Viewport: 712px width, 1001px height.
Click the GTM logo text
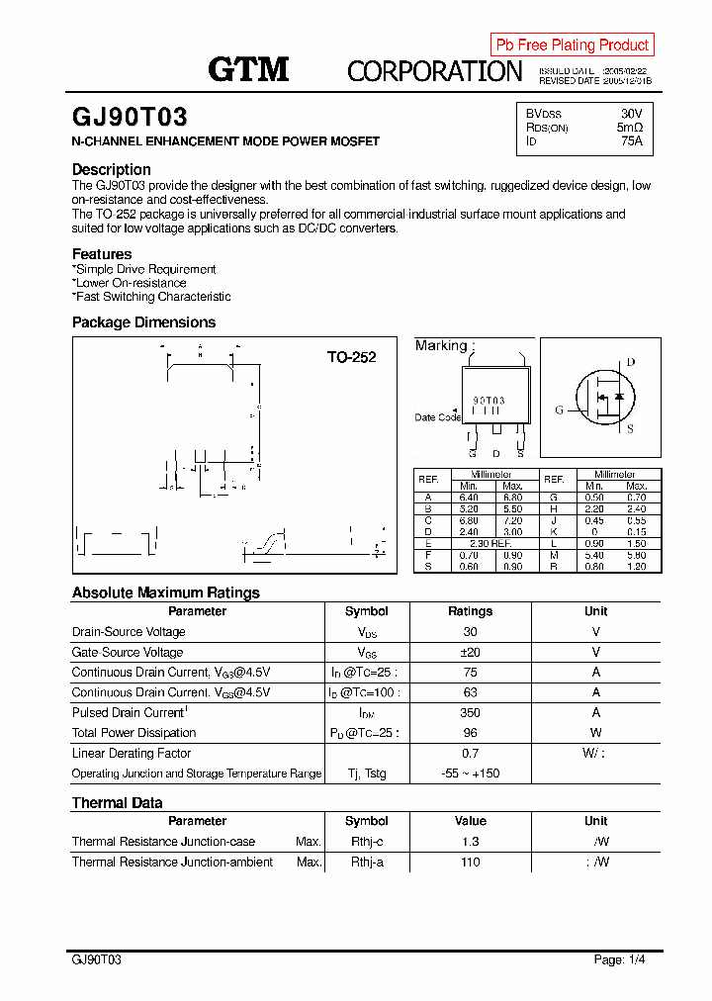click(x=248, y=68)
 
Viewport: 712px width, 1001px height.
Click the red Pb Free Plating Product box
click(x=572, y=45)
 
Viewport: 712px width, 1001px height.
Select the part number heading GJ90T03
click(x=130, y=118)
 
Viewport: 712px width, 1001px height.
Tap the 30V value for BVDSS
click(x=631, y=114)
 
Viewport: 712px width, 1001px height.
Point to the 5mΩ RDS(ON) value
click(x=629, y=128)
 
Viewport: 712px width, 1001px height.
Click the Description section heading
click(x=112, y=169)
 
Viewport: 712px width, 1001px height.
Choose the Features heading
click(x=102, y=254)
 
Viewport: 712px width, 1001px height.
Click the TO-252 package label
click(x=352, y=357)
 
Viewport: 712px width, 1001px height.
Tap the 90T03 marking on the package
click(x=489, y=401)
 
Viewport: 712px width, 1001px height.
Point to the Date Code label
click(x=437, y=417)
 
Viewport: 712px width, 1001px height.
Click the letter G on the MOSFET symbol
click(x=559, y=409)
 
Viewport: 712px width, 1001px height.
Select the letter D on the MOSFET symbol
click(x=630, y=362)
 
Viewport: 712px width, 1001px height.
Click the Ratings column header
click(x=470, y=611)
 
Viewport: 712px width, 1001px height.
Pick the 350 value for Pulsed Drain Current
click(x=470, y=712)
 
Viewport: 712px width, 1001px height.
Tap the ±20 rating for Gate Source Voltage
click(x=470, y=652)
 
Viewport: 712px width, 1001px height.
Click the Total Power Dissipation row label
click(x=133, y=733)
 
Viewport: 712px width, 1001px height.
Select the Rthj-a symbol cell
click(x=366, y=863)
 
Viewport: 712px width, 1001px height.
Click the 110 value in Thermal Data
click(x=470, y=863)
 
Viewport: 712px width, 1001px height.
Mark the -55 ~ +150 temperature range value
click(x=470, y=773)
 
